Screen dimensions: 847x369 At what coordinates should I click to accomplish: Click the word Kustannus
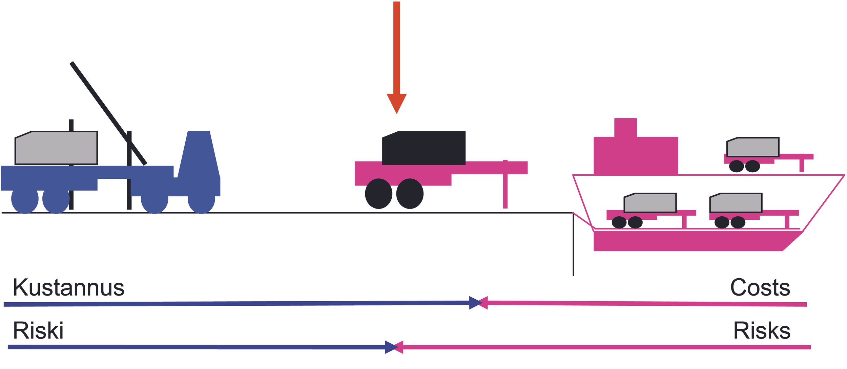(x=69, y=288)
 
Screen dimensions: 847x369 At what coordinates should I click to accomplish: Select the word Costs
(x=760, y=288)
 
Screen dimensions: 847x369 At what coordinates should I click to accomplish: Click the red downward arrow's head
(x=396, y=103)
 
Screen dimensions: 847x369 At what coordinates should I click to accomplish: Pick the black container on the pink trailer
(x=424, y=148)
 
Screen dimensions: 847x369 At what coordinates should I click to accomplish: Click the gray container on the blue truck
(x=56, y=148)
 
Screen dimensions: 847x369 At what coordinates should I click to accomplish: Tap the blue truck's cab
(x=199, y=162)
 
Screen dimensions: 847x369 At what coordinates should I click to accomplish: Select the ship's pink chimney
(x=625, y=128)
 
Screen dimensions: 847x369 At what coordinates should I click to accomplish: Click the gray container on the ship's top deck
(x=753, y=147)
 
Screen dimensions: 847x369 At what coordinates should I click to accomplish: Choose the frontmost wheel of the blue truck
(x=201, y=200)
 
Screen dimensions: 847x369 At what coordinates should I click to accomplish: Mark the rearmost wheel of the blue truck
(x=25, y=200)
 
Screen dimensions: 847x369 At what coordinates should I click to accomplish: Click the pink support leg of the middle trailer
(x=505, y=184)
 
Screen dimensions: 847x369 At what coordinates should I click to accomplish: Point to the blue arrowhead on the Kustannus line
(x=475, y=303)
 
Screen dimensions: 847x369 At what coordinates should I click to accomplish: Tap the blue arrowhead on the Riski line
(x=391, y=347)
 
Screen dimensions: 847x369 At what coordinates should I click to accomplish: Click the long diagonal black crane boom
(x=108, y=113)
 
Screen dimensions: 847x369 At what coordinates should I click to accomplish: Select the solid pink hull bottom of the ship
(x=698, y=241)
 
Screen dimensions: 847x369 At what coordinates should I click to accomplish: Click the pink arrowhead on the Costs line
(x=483, y=303)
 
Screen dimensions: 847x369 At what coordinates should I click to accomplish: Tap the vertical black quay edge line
(x=573, y=244)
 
